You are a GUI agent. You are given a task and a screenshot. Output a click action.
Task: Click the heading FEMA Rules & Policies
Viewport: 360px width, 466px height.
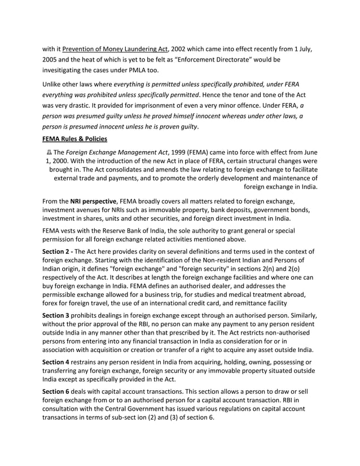74,139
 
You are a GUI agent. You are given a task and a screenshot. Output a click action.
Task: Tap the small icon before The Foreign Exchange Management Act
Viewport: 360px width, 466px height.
49,152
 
